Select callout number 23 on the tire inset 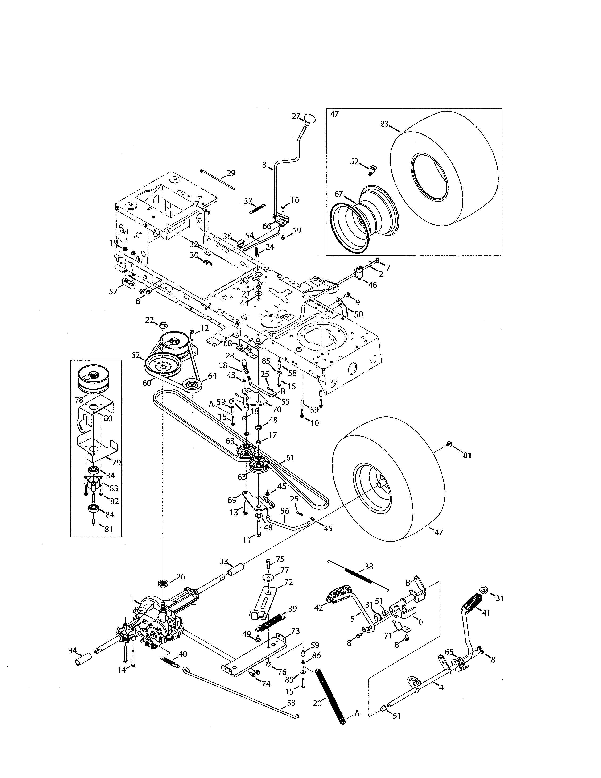point(384,124)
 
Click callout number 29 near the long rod point(231,173)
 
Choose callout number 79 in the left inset point(116,463)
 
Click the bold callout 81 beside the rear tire point(467,455)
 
